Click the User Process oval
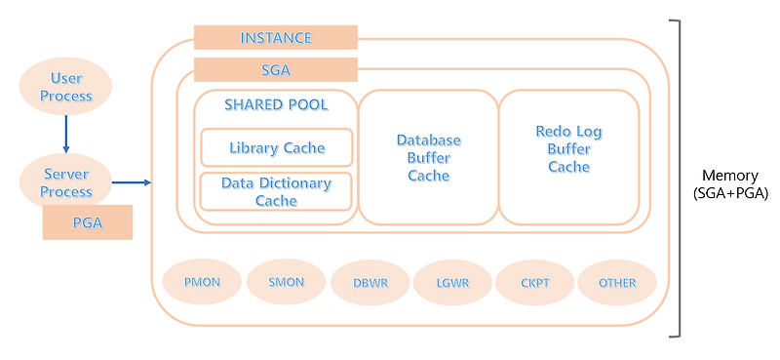[x=66, y=87]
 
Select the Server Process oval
[x=66, y=182]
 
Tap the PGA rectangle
[x=87, y=222]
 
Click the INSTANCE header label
[x=275, y=38]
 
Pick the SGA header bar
[x=275, y=70]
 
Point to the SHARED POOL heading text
[x=276, y=104]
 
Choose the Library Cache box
[x=276, y=148]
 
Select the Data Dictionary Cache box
[x=276, y=191]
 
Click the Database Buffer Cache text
[x=428, y=158]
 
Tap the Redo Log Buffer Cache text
[x=568, y=148]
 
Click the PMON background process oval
[x=202, y=283]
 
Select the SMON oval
[x=286, y=283]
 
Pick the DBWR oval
[x=370, y=283]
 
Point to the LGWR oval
[x=452, y=283]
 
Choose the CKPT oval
[x=534, y=283]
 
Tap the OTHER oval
[x=617, y=283]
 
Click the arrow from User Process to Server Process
[x=66, y=134]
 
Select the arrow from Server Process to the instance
[x=132, y=182]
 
